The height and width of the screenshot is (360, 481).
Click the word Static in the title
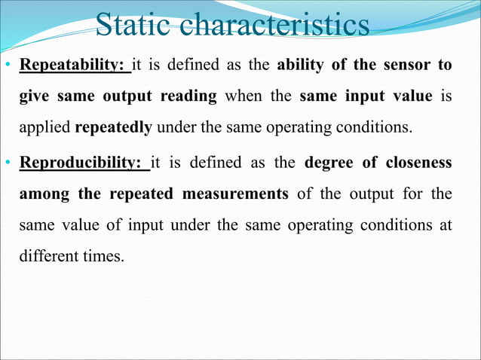coord(136,26)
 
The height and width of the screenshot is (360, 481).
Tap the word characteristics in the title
coord(277,26)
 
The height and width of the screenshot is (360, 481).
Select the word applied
coord(45,126)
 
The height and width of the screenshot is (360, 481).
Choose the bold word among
coord(44,194)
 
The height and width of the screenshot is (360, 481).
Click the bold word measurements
coord(234,194)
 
